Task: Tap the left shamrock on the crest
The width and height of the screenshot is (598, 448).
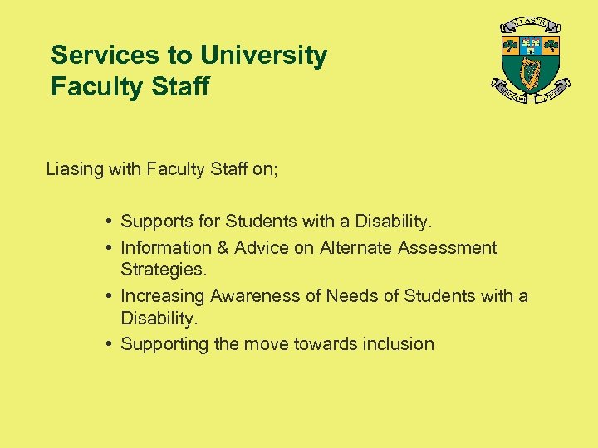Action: [510, 45]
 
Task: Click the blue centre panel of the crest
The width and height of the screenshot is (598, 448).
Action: [530, 45]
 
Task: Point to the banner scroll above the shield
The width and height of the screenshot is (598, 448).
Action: [529, 24]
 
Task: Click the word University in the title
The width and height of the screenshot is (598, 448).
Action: [264, 56]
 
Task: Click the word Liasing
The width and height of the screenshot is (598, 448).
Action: [75, 169]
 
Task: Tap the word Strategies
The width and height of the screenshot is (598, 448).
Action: [162, 270]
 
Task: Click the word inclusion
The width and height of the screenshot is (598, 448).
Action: [398, 343]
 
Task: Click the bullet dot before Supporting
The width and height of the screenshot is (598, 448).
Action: [110, 343]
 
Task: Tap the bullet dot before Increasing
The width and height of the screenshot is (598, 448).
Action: [110, 295]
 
